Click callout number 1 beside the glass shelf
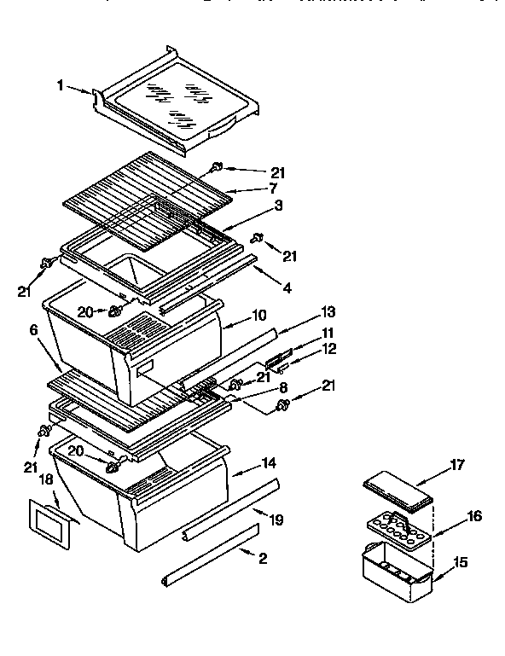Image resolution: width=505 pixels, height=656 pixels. [61, 85]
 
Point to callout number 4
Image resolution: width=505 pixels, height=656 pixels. [287, 288]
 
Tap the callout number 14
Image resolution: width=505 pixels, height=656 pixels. [270, 463]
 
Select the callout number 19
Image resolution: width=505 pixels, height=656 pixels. [277, 519]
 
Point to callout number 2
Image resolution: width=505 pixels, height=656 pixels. [262, 559]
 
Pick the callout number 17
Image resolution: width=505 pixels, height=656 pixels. [456, 465]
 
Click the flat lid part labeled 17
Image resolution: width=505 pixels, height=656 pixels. [398, 492]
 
